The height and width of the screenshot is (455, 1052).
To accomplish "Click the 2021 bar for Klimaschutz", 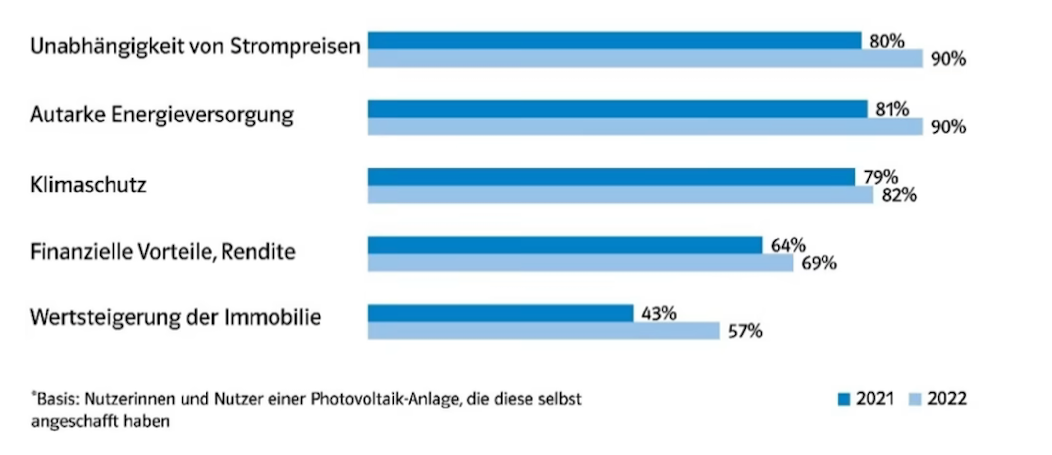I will point(611,177).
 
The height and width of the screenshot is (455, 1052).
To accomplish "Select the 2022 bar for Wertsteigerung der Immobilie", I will point(543,331).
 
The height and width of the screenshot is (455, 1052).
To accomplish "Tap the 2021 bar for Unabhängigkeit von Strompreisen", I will point(614,41).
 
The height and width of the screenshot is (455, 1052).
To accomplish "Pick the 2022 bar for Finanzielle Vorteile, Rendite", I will point(580,263).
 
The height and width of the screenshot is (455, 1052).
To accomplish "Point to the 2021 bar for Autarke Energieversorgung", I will point(617,109).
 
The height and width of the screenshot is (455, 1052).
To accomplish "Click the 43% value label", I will point(659,313).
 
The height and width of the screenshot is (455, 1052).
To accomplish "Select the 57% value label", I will point(745,332).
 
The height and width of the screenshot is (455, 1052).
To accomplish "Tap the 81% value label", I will point(892,109).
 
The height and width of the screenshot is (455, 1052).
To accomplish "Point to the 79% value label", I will point(881,176).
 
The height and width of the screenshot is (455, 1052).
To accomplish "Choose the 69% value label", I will point(819,263).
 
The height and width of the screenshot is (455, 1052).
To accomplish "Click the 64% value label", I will point(788,245).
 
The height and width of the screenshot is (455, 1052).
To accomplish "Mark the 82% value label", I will point(899,195).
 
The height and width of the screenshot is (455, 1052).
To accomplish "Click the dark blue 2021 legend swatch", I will point(844,399).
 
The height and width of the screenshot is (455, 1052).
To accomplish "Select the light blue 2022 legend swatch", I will point(915,399).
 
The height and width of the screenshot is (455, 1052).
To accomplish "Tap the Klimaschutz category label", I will point(88,185).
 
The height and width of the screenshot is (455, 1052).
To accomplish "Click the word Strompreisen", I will point(295,47).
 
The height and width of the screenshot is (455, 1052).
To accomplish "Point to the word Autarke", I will point(68,115).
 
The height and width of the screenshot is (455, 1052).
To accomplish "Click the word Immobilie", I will point(273,317).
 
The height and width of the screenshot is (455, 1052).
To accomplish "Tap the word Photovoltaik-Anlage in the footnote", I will point(386,399).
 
